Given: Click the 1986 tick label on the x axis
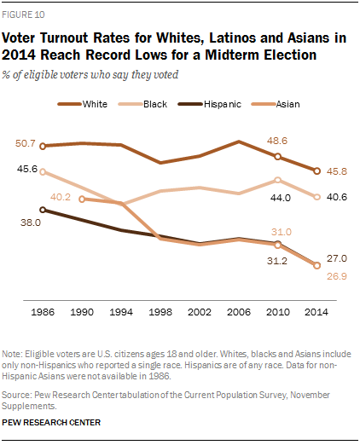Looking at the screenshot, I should point(43,312).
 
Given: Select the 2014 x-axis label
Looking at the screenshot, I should point(316,312).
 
